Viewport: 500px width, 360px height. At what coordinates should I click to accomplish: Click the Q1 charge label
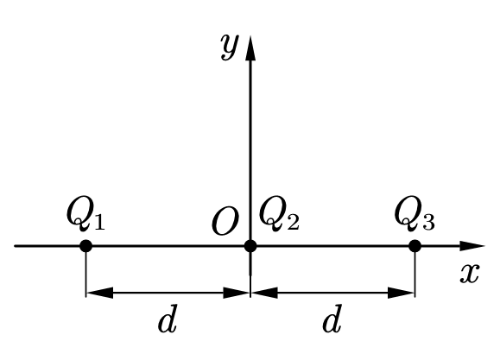(x=85, y=213)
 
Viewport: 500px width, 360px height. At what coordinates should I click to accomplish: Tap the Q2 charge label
(x=279, y=213)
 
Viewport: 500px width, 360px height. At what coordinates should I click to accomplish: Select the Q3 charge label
(x=415, y=213)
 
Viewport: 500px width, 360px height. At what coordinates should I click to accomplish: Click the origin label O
(x=225, y=221)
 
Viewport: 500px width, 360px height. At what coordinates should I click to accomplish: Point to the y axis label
(x=230, y=47)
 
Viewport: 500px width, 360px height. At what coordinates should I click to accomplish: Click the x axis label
(x=470, y=274)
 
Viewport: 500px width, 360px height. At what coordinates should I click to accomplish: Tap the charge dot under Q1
(x=85, y=246)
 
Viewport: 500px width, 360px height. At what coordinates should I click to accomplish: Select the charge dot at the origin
(x=250, y=246)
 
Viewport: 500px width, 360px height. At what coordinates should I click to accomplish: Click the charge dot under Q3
(x=415, y=246)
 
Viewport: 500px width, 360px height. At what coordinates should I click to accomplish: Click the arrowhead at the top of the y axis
(x=250, y=47)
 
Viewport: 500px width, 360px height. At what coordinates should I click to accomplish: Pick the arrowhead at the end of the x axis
(x=472, y=246)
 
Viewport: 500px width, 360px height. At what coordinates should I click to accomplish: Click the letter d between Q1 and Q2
(x=168, y=319)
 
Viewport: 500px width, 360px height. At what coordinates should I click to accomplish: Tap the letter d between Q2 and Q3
(x=332, y=319)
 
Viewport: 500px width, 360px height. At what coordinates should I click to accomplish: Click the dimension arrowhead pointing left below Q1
(x=99, y=293)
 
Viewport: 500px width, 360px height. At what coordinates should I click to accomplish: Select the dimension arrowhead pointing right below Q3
(x=401, y=293)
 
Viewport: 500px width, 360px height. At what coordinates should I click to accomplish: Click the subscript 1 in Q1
(x=99, y=222)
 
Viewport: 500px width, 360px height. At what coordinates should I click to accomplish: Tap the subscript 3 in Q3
(x=429, y=222)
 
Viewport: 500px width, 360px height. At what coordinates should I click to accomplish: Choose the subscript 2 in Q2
(x=294, y=222)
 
